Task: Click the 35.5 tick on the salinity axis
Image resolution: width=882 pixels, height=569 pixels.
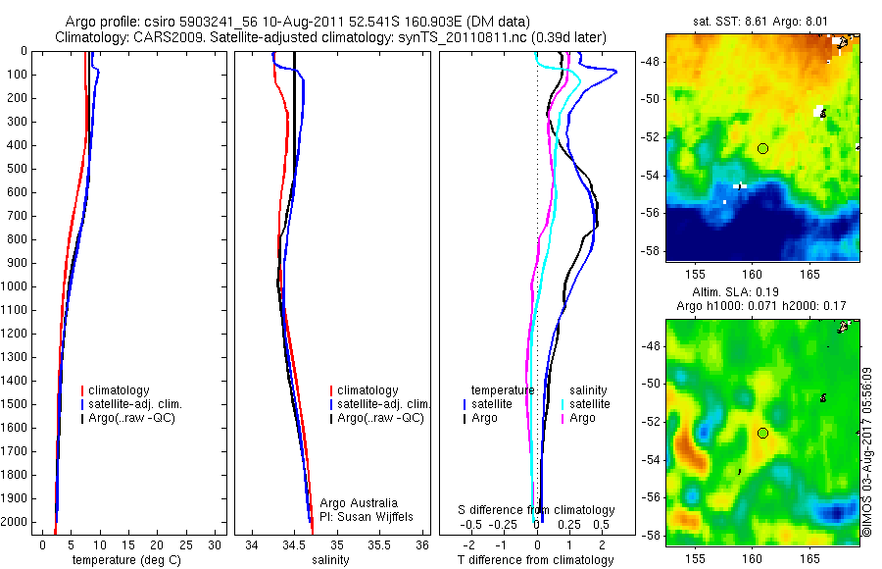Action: click(379, 544)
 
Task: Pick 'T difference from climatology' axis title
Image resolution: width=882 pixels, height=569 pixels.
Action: click(535, 560)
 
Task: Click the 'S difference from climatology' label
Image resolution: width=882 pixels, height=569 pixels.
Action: click(537, 510)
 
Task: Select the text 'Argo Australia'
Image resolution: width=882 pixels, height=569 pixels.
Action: click(359, 503)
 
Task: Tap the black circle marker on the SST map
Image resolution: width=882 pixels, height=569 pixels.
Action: click(762, 148)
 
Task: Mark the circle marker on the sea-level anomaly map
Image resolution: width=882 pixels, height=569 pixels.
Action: click(762, 433)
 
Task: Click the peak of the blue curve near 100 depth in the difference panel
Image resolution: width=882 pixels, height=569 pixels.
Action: click(615, 72)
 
